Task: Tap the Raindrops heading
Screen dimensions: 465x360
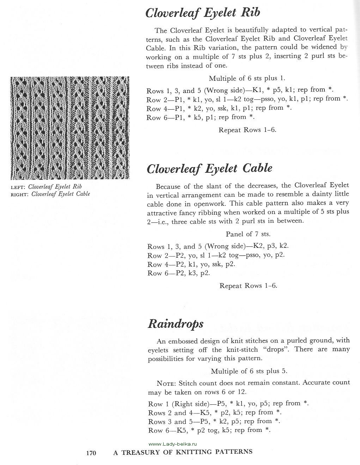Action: [x=175, y=324]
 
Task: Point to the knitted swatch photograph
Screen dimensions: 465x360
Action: [x=70, y=128]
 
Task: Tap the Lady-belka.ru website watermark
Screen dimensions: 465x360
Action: [x=172, y=444]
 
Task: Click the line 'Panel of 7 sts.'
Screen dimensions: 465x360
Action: [x=248, y=234]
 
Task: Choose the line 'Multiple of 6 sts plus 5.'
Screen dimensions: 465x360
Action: [x=249, y=371]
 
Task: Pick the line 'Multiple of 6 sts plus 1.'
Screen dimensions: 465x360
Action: [x=247, y=78]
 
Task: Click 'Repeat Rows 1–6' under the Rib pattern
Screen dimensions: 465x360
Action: [x=247, y=130]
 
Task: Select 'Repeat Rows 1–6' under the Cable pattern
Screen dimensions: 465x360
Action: [x=248, y=286]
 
